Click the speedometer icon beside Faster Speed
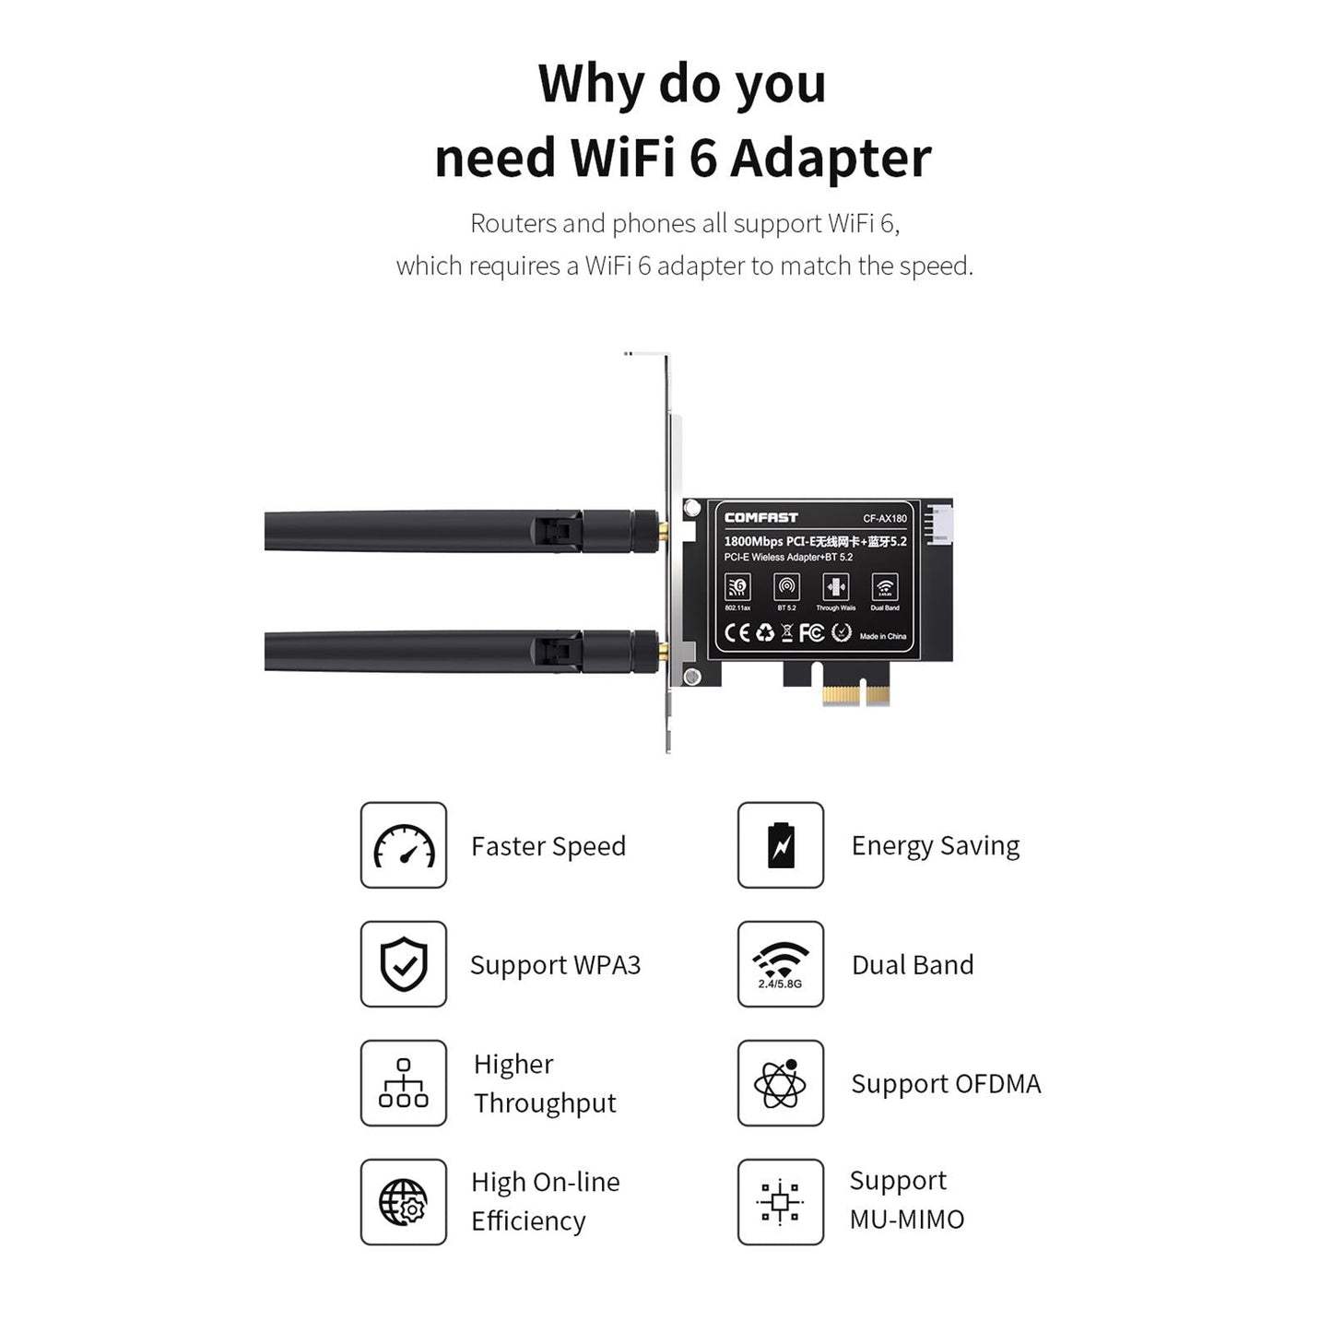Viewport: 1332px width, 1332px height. click(x=404, y=845)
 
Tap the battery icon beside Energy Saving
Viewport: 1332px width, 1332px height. click(x=781, y=845)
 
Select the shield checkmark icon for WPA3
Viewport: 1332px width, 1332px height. click(x=404, y=964)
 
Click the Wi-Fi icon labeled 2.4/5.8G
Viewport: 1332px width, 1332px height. click(x=781, y=963)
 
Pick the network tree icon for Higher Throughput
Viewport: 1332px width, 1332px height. click(x=404, y=1083)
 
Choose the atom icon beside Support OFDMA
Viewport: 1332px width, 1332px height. click(x=781, y=1083)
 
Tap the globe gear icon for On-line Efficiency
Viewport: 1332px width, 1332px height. click(x=404, y=1202)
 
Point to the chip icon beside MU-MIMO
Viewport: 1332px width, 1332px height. click(x=781, y=1202)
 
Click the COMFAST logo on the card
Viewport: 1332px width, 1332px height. click(x=760, y=518)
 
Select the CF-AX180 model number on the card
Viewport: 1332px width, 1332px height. click(x=884, y=519)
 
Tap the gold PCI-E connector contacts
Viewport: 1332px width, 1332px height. click(x=856, y=694)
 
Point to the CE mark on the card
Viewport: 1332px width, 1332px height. click(x=737, y=633)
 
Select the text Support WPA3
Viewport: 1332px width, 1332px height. click(x=555, y=965)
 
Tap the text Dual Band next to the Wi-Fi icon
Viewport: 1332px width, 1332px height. click(x=913, y=965)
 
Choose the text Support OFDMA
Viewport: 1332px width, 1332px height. click(x=946, y=1084)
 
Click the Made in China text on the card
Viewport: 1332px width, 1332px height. click(x=882, y=637)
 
